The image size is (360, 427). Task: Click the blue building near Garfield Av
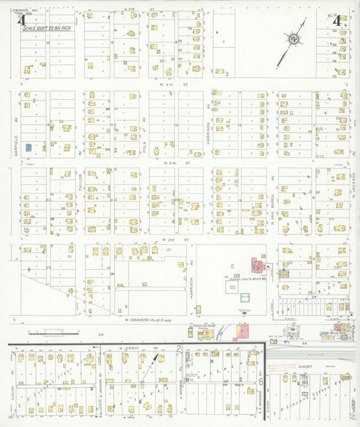(x=28, y=147)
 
